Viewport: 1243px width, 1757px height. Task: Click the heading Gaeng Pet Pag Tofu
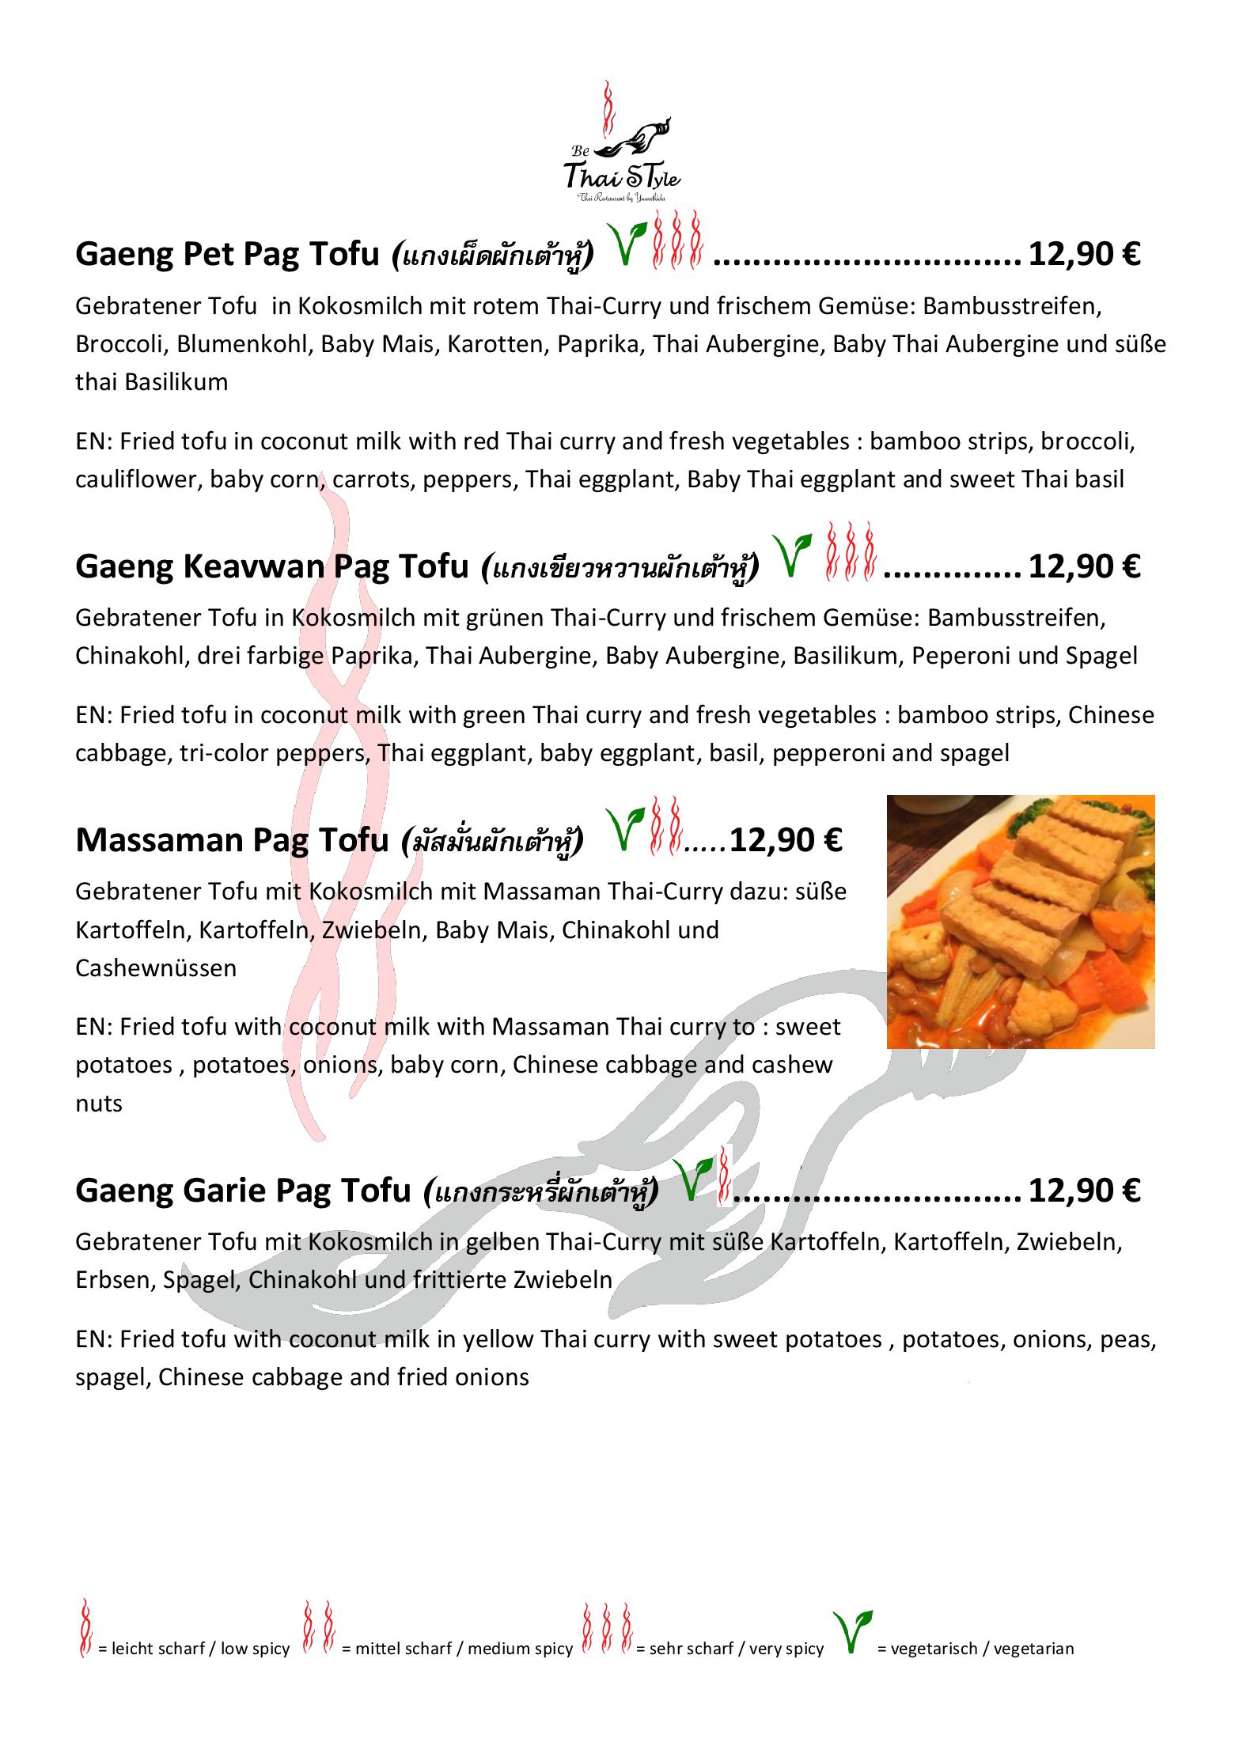tap(227, 255)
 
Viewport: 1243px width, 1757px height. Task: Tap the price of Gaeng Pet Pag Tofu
tap(1083, 255)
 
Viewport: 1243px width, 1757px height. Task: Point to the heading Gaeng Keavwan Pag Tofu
tap(272, 566)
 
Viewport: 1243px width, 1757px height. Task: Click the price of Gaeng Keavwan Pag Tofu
tap(1083, 566)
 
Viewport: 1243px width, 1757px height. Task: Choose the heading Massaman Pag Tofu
tap(232, 840)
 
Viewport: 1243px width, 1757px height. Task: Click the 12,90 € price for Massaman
tap(786, 840)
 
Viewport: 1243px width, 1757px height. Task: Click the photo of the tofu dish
tap(1020, 922)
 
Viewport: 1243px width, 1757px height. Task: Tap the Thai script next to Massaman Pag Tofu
tap(492, 840)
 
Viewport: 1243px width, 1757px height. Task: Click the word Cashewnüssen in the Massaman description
tap(156, 967)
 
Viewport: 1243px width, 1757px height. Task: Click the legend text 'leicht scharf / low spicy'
tap(193, 1649)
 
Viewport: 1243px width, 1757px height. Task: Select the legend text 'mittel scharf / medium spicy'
tap(457, 1649)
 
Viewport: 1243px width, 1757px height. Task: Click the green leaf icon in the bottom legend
tap(851, 1633)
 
